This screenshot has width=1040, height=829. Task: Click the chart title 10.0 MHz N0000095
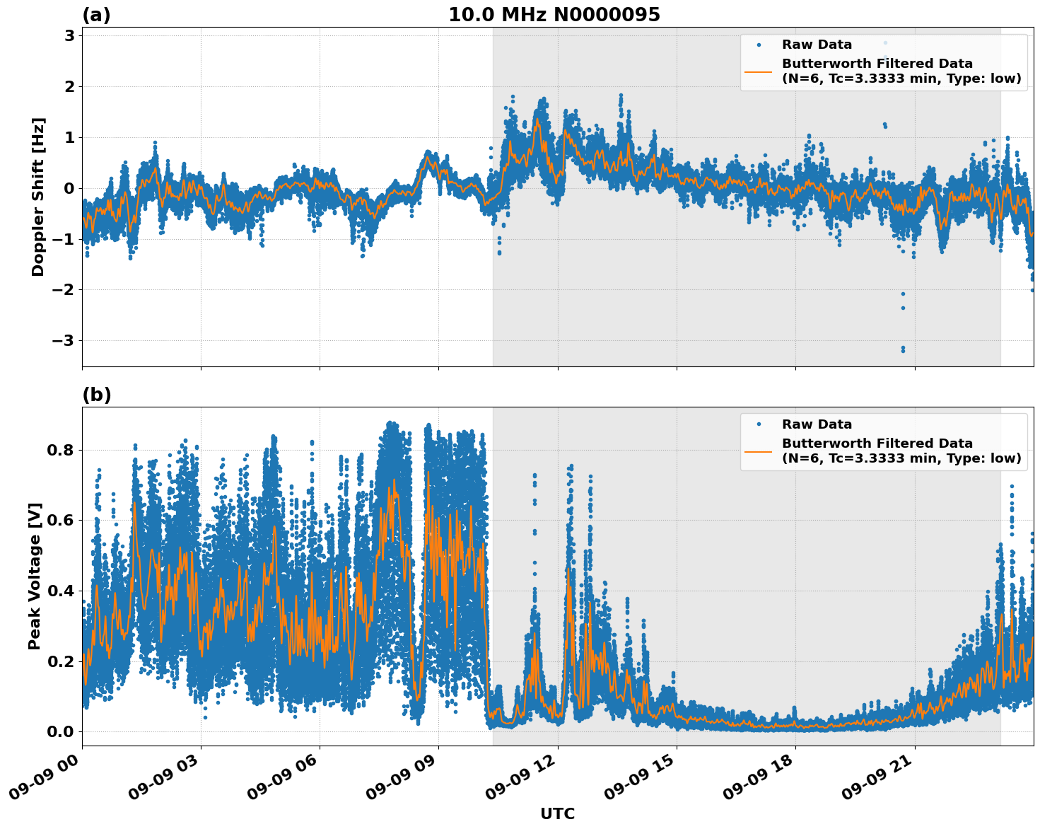click(x=554, y=15)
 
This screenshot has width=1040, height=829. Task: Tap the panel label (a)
click(x=96, y=15)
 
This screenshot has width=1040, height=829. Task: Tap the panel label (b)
click(x=96, y=395)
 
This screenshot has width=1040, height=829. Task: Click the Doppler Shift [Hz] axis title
click(x=38, y=197)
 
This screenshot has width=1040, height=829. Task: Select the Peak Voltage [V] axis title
click(x=35, y=576)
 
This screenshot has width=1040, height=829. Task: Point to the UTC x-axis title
click(x=557, y=813)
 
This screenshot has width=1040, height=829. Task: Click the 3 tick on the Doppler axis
click(x=69, y=36)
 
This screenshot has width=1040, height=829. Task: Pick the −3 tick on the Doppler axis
click(x=64, y=341)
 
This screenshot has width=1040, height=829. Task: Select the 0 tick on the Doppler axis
click(x=69, y=188)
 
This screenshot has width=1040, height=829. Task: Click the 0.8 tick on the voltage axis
click(x=60, y=450)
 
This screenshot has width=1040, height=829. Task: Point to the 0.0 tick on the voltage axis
click(x=60, y=731)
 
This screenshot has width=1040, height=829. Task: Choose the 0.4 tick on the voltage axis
click(x=60, y=591)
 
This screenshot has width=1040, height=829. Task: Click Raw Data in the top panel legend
click(x=817, y=45)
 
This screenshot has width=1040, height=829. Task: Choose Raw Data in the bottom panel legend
click(x=817, y=424)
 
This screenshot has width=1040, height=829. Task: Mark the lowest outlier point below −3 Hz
click(x=903, y=350)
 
